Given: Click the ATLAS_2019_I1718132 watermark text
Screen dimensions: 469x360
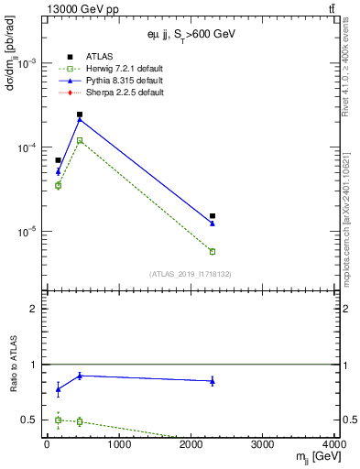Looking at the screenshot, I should tap(190, 273).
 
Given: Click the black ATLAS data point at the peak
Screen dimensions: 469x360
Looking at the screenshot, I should tap(80, 115).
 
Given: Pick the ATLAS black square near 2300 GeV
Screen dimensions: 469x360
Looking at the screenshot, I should tap(213, 216).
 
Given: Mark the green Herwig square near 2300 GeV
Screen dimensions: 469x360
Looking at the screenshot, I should tap(213, 251).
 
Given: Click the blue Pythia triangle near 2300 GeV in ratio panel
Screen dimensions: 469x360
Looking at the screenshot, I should tap(213, 381).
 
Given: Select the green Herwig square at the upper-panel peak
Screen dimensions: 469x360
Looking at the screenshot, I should tap(80, 140).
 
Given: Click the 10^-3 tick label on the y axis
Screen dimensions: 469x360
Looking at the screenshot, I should tap(26, 63).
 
